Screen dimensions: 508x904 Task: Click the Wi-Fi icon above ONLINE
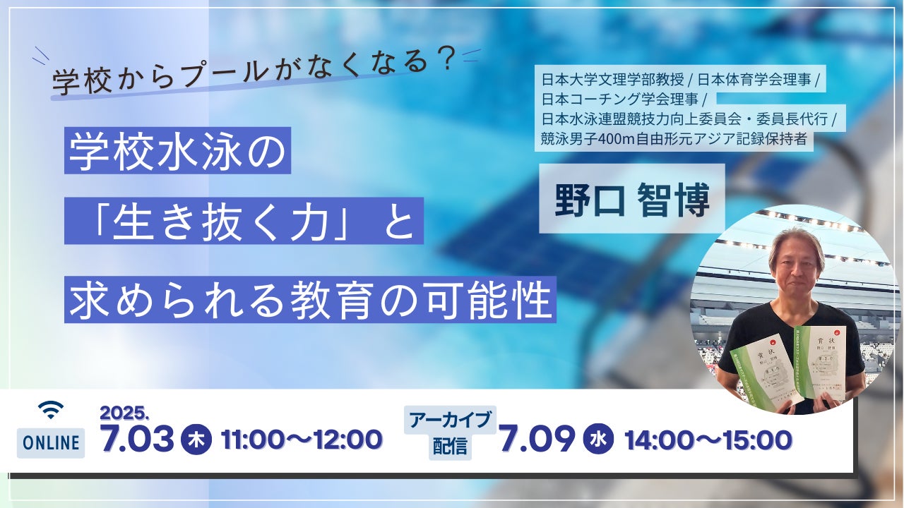(x=50, y=409)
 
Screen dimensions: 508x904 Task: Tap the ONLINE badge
(x=51, y=442)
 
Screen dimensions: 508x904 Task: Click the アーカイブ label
(x=450, y=421)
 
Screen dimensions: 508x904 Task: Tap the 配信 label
(x=450, y=447)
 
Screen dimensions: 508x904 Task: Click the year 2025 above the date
(x=124, y=413)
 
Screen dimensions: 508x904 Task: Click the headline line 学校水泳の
(x=177, y=150)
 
